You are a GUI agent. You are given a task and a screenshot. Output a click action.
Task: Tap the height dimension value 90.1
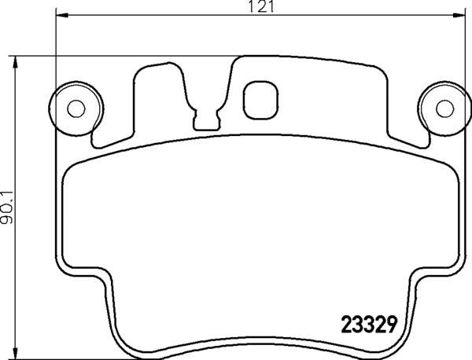[9, 207]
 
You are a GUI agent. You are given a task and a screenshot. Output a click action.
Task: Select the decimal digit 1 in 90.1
[9, 189]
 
